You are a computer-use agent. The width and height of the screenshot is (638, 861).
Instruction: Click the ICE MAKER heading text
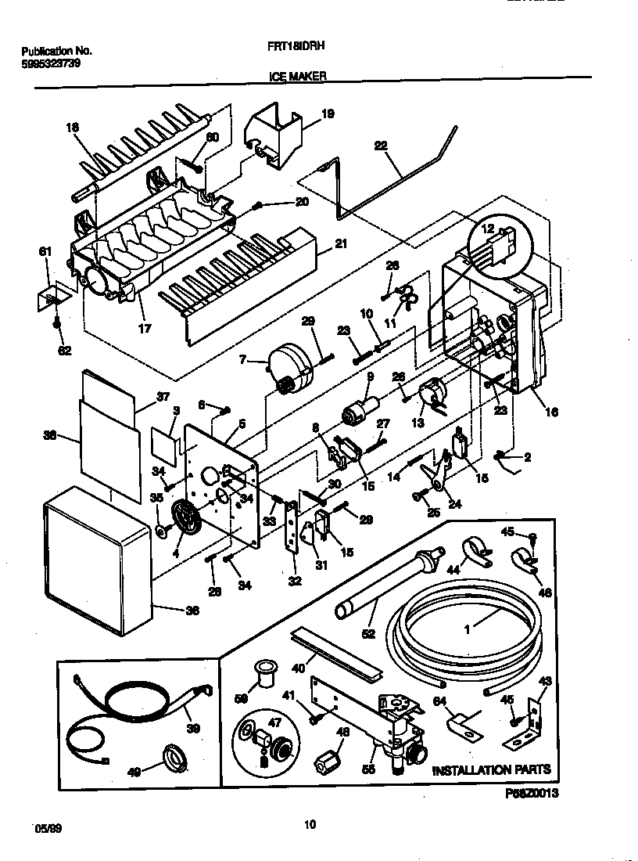tap(297, 77)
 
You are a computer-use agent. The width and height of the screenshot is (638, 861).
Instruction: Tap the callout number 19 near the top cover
tap(328, 114)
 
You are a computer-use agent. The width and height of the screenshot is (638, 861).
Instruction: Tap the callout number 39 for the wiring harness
tap(193, 728)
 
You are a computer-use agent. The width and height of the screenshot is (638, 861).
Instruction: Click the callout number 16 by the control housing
tap(553, 412)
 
